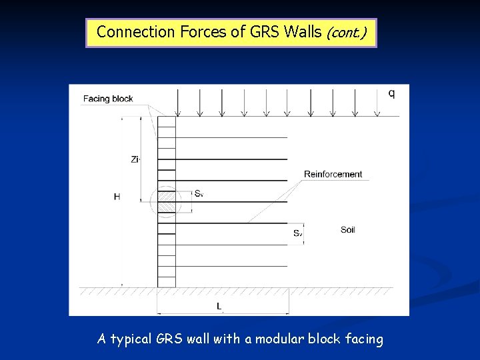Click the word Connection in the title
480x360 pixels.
[x=136, y=31]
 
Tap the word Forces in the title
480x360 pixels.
[x=200, y=31]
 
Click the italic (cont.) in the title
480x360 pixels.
[x=345, y=32]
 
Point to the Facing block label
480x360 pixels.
[x=108, y=99]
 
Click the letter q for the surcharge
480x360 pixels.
[x=391, y=93]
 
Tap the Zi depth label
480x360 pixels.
[x=135, y=159]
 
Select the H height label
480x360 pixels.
[x=117, y=197]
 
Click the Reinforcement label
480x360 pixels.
[x=333, y=175]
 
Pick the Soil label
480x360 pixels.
[x=347, y=230]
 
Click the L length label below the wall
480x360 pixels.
[x=219, y=306]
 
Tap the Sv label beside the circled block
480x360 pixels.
[x=199, y=193]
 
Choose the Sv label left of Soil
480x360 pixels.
[x=297, y=233]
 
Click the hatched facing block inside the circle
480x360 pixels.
[x=167, y=202]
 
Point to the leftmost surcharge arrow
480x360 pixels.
[x=177, y=103]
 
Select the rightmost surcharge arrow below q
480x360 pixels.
[x=377, y=103]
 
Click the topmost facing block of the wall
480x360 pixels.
[x=167, y=122]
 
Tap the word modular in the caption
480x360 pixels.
[x=281, y=339]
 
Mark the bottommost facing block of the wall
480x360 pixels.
[x=167, y=282]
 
